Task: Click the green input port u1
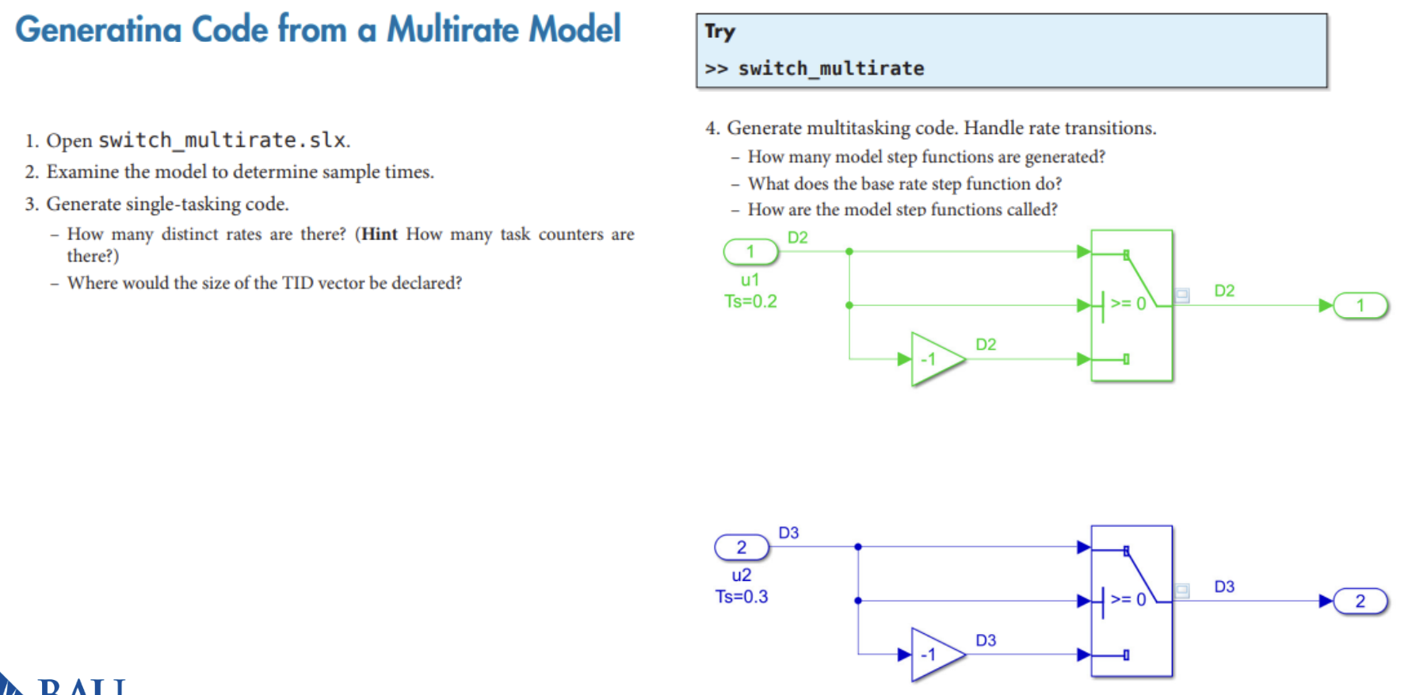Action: point(750,252)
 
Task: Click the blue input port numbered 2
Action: point(742,548)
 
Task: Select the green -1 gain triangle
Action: point(935,359)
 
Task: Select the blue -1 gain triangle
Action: point(935,655)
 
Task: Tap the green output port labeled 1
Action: point(1360,306)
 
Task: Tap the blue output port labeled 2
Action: point(1360,601)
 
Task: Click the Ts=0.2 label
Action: point(750,301)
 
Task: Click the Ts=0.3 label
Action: point(742,597)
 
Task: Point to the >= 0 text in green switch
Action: point(1128,304)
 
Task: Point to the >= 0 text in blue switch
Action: point(1128,599)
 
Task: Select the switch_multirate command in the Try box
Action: point(830,69)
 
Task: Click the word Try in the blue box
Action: point(720,32)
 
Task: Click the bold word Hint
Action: point(380,235)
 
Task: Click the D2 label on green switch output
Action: point(1224,291)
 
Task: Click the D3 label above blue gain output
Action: point(986,640)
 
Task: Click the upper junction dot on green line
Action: point(849,252)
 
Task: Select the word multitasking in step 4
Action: point(858,128)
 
